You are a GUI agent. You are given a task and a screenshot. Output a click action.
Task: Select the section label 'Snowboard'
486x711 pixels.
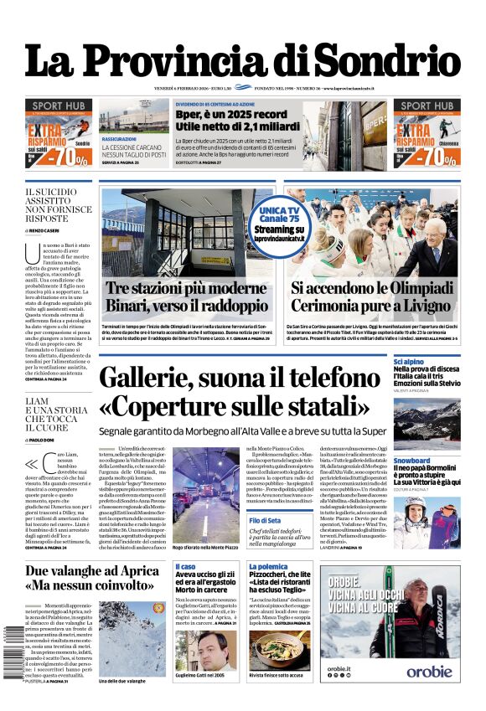411,461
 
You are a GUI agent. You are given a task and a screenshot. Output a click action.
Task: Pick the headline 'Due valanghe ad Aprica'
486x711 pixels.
91,572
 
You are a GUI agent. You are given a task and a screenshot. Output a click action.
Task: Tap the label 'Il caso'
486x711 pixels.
185,567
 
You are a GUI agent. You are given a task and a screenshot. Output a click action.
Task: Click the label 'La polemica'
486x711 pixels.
267,567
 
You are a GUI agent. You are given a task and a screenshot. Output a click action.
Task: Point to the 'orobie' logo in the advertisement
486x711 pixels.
430,671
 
